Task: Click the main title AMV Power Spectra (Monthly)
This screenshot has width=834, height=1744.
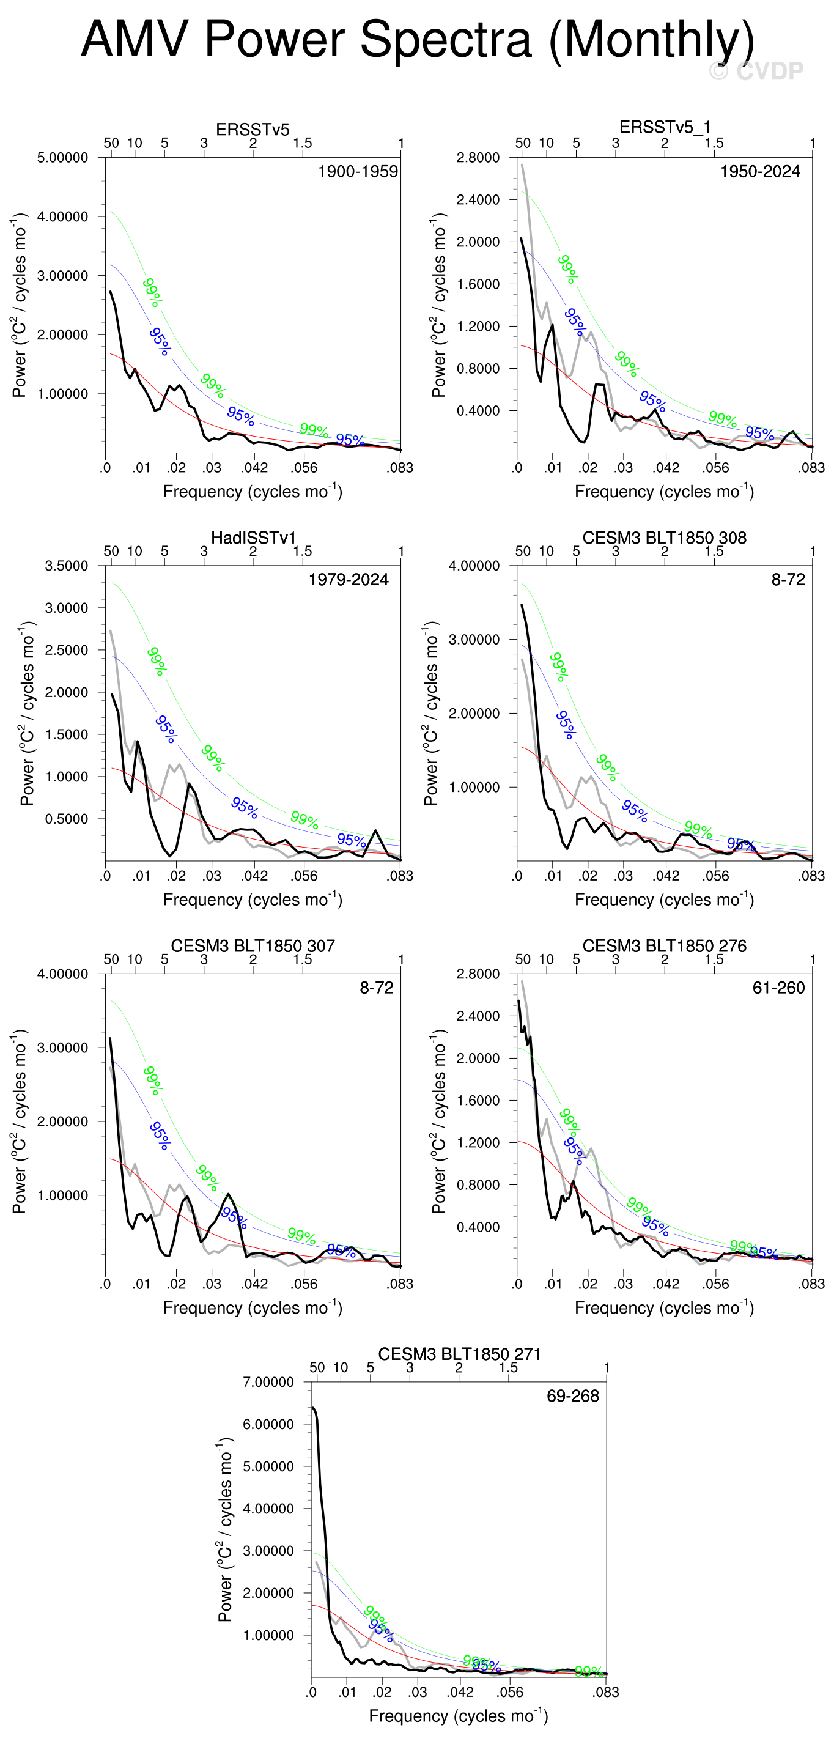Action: pos(417,39)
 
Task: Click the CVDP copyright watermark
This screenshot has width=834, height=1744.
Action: pos(756,71)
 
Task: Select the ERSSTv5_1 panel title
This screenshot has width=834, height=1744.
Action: pos(664,127)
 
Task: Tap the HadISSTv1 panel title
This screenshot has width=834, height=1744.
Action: pos(253,538)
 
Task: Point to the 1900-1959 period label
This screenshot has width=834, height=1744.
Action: pos(358,172)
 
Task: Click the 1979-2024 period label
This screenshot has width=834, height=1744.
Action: pos(348,580)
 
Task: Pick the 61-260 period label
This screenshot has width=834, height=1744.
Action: pos(778,988)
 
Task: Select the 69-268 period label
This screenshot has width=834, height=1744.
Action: pos(573,1396)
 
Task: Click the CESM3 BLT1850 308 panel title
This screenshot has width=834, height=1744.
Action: pos(664,538)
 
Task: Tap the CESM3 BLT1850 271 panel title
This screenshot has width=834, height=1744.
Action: pos(459,1354)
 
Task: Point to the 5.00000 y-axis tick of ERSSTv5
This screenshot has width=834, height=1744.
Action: pos(62,158)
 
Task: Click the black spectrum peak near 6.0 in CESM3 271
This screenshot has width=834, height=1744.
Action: pos(314,1408)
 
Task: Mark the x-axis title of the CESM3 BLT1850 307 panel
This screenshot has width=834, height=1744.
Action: pos(253,1307)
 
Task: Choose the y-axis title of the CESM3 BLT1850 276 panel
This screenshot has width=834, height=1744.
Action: pos(438,1121)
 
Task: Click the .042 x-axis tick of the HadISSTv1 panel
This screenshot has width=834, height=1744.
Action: pos(254,876)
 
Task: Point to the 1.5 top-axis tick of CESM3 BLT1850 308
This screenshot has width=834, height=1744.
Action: pos(714,551)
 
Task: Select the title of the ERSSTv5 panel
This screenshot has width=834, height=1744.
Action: pos(253,129)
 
